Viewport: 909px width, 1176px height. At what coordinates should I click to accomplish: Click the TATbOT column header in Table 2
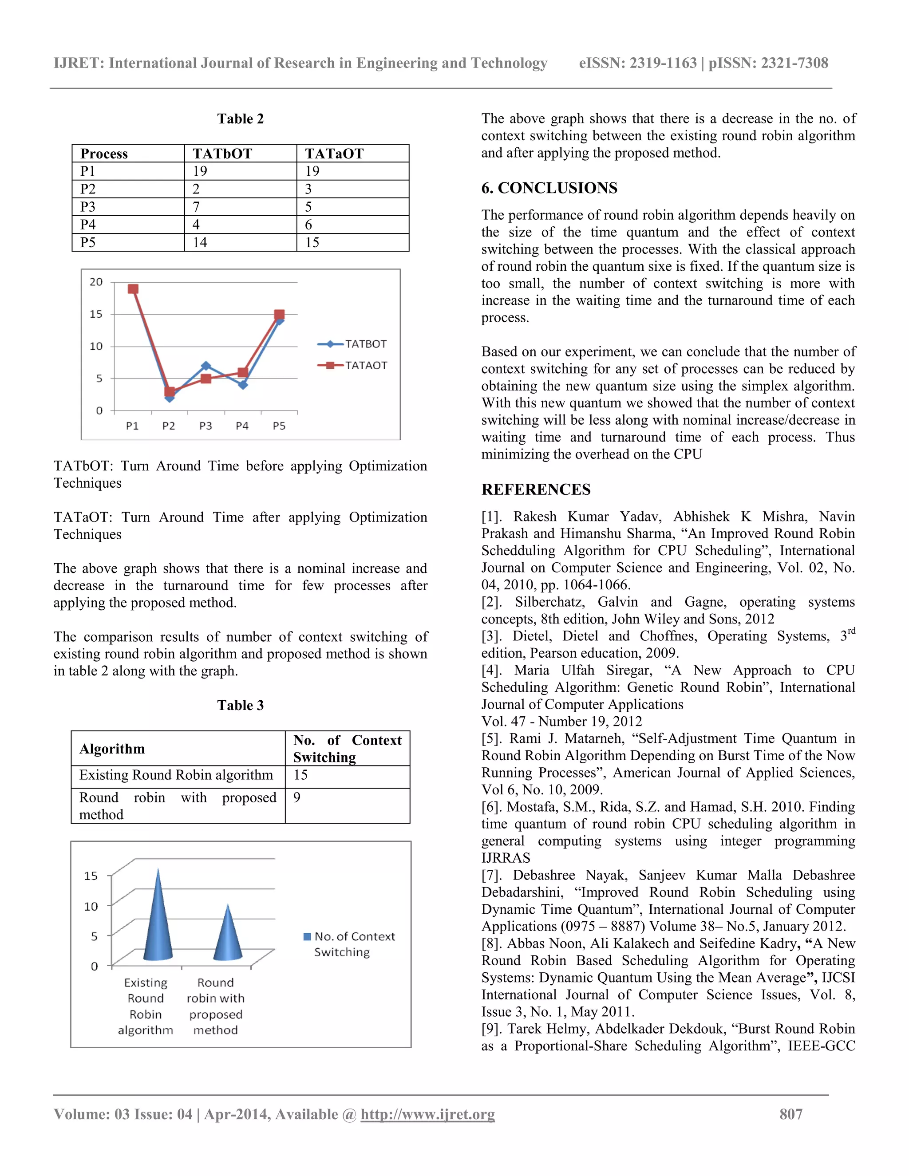[x=222, y=154]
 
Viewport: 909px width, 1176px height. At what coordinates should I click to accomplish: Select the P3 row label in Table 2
[x=88, y=207]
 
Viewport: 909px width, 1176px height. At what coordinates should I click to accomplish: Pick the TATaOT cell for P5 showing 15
[x=312, y=242]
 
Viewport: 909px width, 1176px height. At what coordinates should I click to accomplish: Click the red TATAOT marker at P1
[x=133, y=289]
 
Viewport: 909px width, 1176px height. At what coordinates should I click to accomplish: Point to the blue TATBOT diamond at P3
[x=206, y=366]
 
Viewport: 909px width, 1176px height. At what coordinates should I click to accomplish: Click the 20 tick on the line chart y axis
[x=96, y=282]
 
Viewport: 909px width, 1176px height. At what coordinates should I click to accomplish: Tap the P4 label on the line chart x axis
[x=242, y=426]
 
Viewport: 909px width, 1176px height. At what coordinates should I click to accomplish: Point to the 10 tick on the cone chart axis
[x=91, y=906]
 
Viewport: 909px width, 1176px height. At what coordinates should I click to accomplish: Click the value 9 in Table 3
[x=297, y=797]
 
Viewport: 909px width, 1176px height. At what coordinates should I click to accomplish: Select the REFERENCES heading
[x=536, y=489]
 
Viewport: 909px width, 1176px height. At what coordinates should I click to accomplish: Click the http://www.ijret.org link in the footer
[x=427, y=1114]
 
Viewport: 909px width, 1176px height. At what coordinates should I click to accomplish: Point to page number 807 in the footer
[x=790, y=1114]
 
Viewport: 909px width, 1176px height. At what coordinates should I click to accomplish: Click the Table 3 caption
[x=240, y=706]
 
